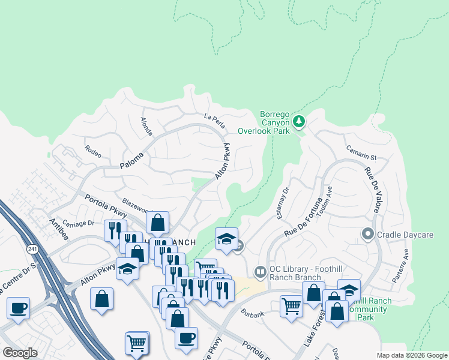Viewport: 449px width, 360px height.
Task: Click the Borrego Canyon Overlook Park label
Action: point(264,122)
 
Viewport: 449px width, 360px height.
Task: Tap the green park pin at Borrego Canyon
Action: point(299,122)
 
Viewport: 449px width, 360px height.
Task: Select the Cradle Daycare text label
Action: point(405,235)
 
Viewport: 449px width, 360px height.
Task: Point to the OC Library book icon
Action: point(260,272)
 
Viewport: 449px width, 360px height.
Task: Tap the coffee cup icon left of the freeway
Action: point(18,309)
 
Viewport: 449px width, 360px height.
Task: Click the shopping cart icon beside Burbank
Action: point(291,306)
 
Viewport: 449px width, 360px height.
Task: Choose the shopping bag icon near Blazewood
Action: point(157,223)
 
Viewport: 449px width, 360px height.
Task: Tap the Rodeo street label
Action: point(93,150)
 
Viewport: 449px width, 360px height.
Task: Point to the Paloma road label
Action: point(132,160)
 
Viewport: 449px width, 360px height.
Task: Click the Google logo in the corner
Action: point(19,353)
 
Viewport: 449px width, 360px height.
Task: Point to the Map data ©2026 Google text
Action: point(411,355)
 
